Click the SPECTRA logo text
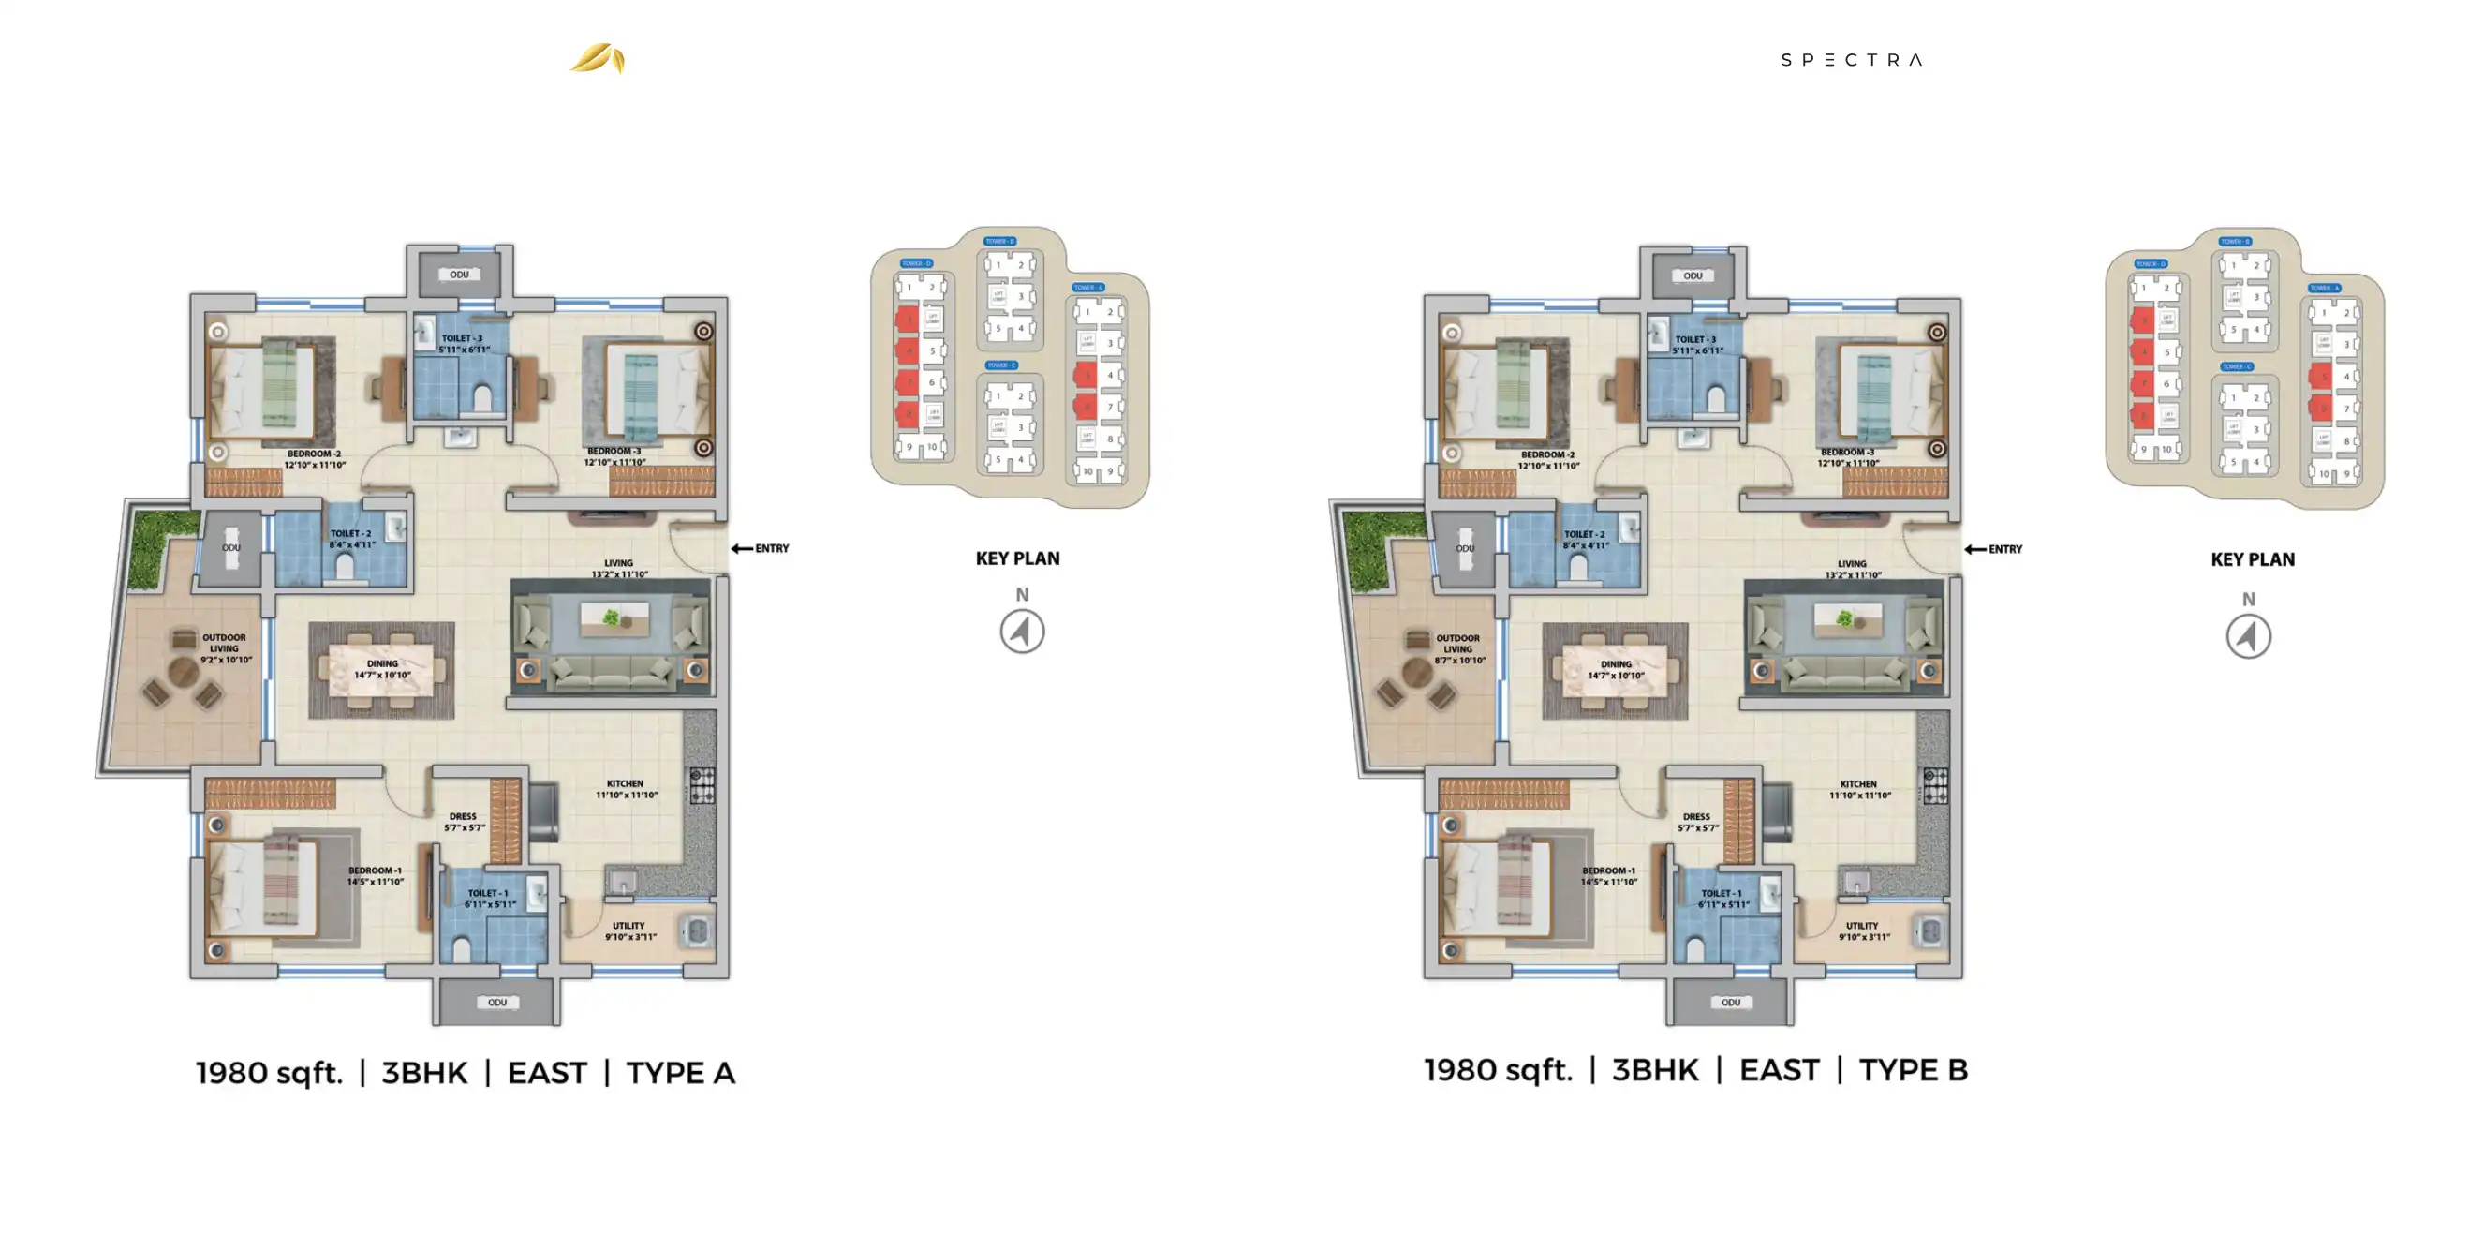[1851, 59]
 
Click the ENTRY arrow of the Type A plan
[742, 548]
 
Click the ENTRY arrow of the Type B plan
[1975, 549]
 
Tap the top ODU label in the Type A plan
[459, 275]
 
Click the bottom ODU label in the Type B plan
[1730, 1002]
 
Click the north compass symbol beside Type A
[1022, 632]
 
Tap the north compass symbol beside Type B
[2248, 636]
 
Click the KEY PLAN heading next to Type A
[1017, 559]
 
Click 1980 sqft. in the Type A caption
[270, 1073]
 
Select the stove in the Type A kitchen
[702, 785]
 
